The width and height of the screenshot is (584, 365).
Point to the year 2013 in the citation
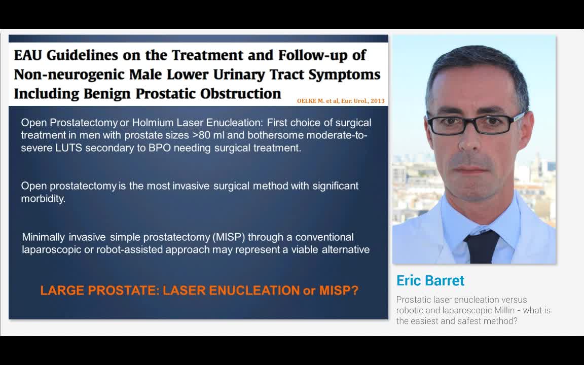(378, 101)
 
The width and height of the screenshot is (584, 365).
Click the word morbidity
(43, 199)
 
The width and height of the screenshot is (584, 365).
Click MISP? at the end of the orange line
(339, 290)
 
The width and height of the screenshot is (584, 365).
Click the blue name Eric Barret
(430, 281)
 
